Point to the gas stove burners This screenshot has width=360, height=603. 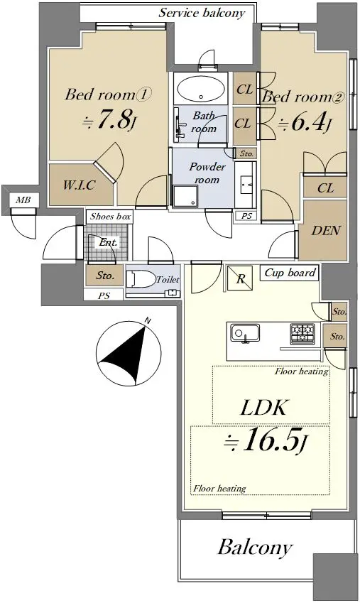click(x=302, y=333)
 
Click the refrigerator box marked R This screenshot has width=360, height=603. click(x=240, y=278)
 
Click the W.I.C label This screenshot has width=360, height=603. click(x=79, y=185)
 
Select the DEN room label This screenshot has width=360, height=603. click(x=326, y=231)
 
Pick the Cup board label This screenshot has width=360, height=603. click(x=290, y=273)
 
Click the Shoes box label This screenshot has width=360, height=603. click(x=110, y=217)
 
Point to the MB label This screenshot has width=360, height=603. click(x=23, y=200)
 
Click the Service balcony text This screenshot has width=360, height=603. click(x=202, y=13)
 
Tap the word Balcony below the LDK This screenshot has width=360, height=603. click(x=255, y=548)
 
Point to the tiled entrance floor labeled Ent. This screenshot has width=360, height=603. click(x=107, y=242)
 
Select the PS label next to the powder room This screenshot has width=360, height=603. click(x=246, y=216)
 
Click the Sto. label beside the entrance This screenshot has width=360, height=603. click(x=105, y=276)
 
